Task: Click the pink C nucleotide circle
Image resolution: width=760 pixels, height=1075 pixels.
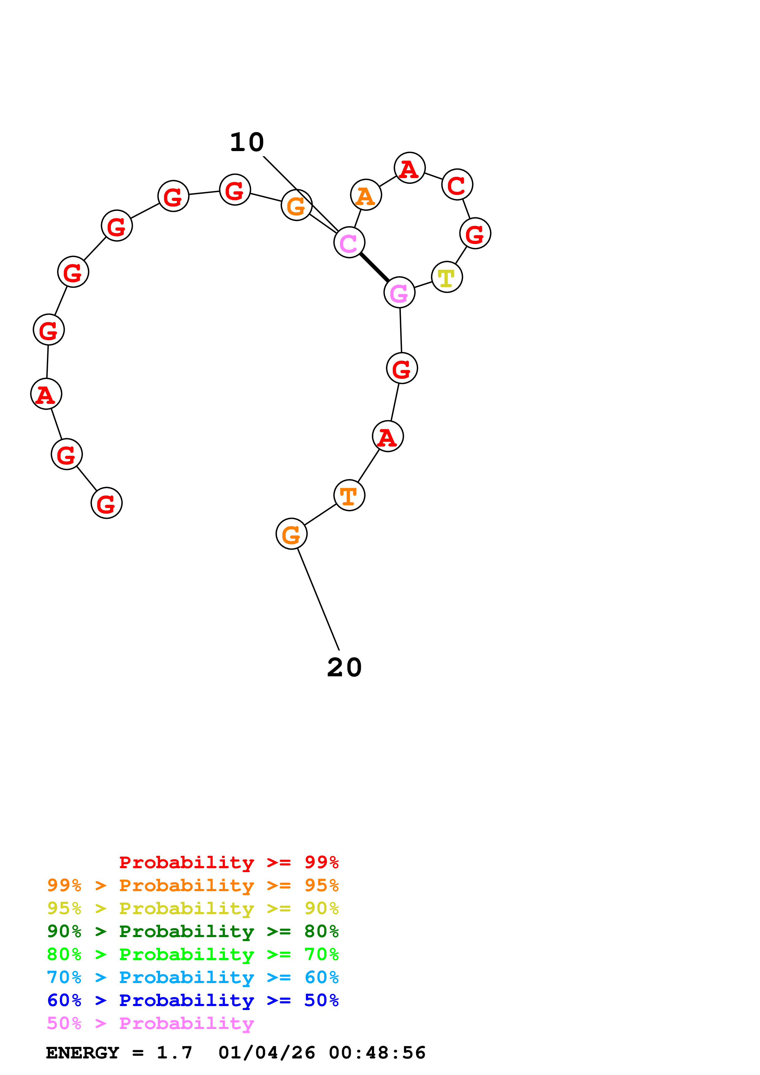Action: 349,242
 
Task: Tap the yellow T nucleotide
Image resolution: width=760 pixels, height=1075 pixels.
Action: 447,277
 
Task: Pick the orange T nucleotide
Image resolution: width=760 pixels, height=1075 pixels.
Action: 349,495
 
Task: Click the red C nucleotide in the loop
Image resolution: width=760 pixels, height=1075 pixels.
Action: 457,184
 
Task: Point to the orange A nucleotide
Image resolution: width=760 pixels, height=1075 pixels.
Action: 366,195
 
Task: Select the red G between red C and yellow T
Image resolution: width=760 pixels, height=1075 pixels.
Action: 475,233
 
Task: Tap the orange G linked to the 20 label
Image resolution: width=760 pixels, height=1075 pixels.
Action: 291,534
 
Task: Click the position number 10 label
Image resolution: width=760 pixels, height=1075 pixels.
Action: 247,142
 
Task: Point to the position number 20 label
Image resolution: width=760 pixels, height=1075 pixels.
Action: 344,668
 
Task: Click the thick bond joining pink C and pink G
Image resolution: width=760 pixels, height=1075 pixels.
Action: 374,267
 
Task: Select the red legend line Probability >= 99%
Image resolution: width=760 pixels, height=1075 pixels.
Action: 228,862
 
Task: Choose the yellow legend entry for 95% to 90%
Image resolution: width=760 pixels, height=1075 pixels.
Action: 193,908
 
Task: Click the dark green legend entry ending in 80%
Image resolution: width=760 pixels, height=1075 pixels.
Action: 193,931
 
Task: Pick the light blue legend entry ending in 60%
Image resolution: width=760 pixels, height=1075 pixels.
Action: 193,977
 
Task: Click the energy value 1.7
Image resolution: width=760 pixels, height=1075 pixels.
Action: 174,1053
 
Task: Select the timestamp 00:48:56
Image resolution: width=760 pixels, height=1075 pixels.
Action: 377,1053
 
